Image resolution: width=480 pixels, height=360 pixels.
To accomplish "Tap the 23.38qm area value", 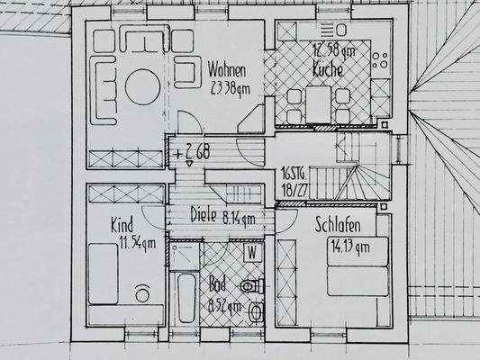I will tap(229, 88).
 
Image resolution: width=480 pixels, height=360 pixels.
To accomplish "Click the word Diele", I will tap(206, 216).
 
